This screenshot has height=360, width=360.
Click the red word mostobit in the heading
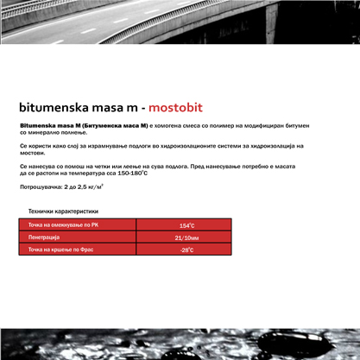click(175, 109)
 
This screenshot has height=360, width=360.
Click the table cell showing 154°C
click(186, 225)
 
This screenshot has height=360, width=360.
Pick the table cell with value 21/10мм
click(186, 237)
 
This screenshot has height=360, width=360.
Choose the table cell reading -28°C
click(186, 249)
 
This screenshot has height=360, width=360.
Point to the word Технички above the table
click(44, 211)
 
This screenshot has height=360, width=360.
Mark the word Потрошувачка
click(41, 186)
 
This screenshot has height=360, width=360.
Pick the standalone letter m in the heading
click(131, 109)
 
